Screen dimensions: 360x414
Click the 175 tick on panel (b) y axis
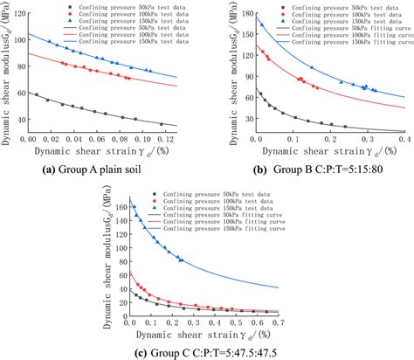pyautogui.click(x=245, y=17)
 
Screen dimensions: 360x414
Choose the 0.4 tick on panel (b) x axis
pyautogui.click(x=404, y=139)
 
